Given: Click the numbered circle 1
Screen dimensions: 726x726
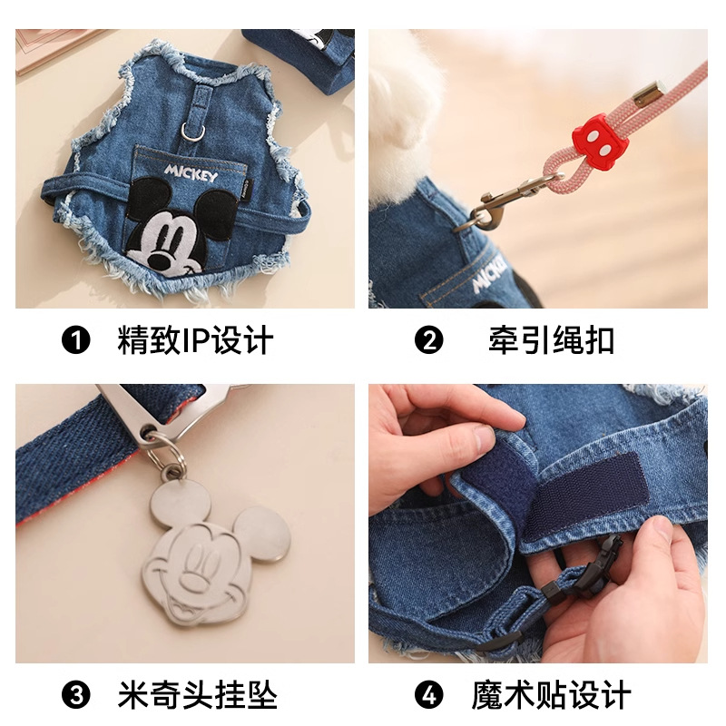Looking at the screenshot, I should tap(76, 341).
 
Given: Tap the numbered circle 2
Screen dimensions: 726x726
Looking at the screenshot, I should tap(428, 341).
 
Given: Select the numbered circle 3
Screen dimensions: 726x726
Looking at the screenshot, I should tap(76, 695).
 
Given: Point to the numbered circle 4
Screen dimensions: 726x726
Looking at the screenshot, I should tap(428, 695).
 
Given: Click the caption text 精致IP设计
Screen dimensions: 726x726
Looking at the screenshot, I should tap(195, 341).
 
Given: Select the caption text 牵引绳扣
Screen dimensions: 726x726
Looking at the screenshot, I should tap(549, 341).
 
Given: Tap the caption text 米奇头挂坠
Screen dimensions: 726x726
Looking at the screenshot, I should tap(197, 695).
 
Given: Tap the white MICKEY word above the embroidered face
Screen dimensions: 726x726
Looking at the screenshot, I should tap(192, 172).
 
